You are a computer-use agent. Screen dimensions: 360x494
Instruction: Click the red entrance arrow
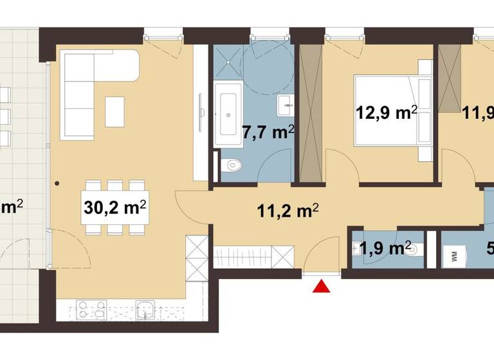tap(320, 287)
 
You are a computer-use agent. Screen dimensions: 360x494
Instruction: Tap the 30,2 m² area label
tap(114, 208)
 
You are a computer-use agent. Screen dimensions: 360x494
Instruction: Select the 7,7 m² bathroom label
tap(268, 132)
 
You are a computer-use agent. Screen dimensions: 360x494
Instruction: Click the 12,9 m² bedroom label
tap(386, 114)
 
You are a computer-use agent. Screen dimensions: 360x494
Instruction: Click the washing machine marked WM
tap(455, 256)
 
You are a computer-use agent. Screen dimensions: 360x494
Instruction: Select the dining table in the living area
tap(116, 208)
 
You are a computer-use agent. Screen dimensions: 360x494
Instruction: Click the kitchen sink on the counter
tap(147, 308)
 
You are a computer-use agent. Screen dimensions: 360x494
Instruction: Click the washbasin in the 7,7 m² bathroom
tap(286, 103)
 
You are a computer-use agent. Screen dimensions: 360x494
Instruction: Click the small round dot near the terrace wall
tap(58, 183)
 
